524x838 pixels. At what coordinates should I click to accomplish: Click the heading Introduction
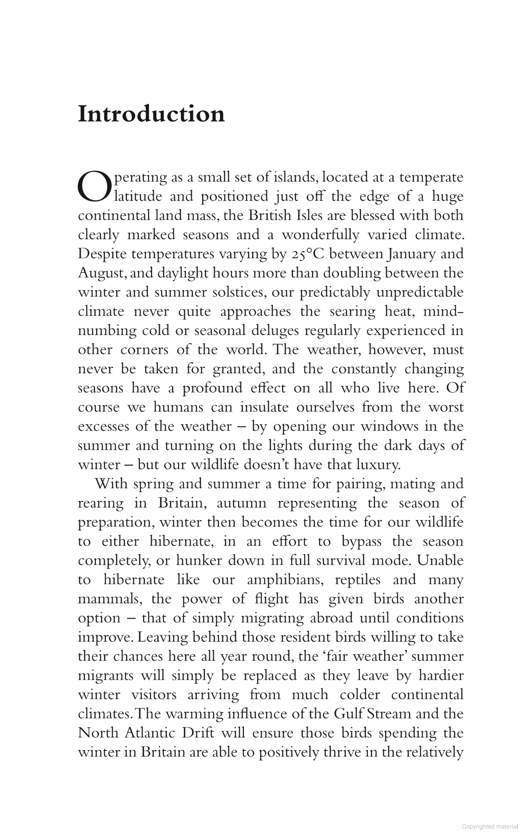tap(151, 114)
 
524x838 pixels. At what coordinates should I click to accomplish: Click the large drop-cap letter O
tap(94, 187)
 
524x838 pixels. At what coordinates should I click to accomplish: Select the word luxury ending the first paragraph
tap(378, 465)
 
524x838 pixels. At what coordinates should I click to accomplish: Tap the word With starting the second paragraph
tap(111, 484)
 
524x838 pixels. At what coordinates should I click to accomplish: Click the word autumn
tap(242, 503)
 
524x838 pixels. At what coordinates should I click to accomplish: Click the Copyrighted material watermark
tap(490, 827)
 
